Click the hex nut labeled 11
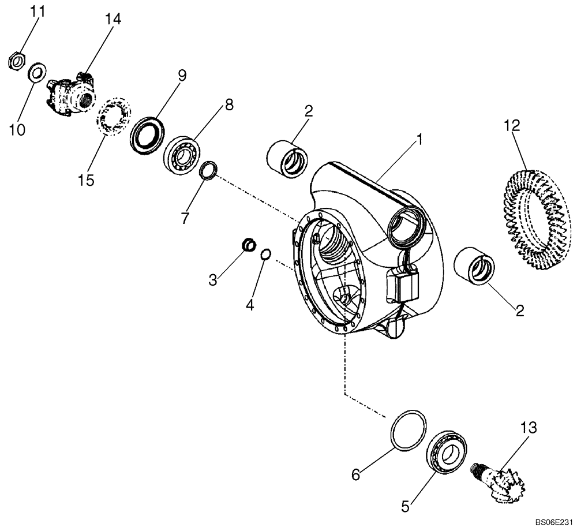coord(17,59)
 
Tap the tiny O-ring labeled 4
coord(265,254)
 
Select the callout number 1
coord(420,139)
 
